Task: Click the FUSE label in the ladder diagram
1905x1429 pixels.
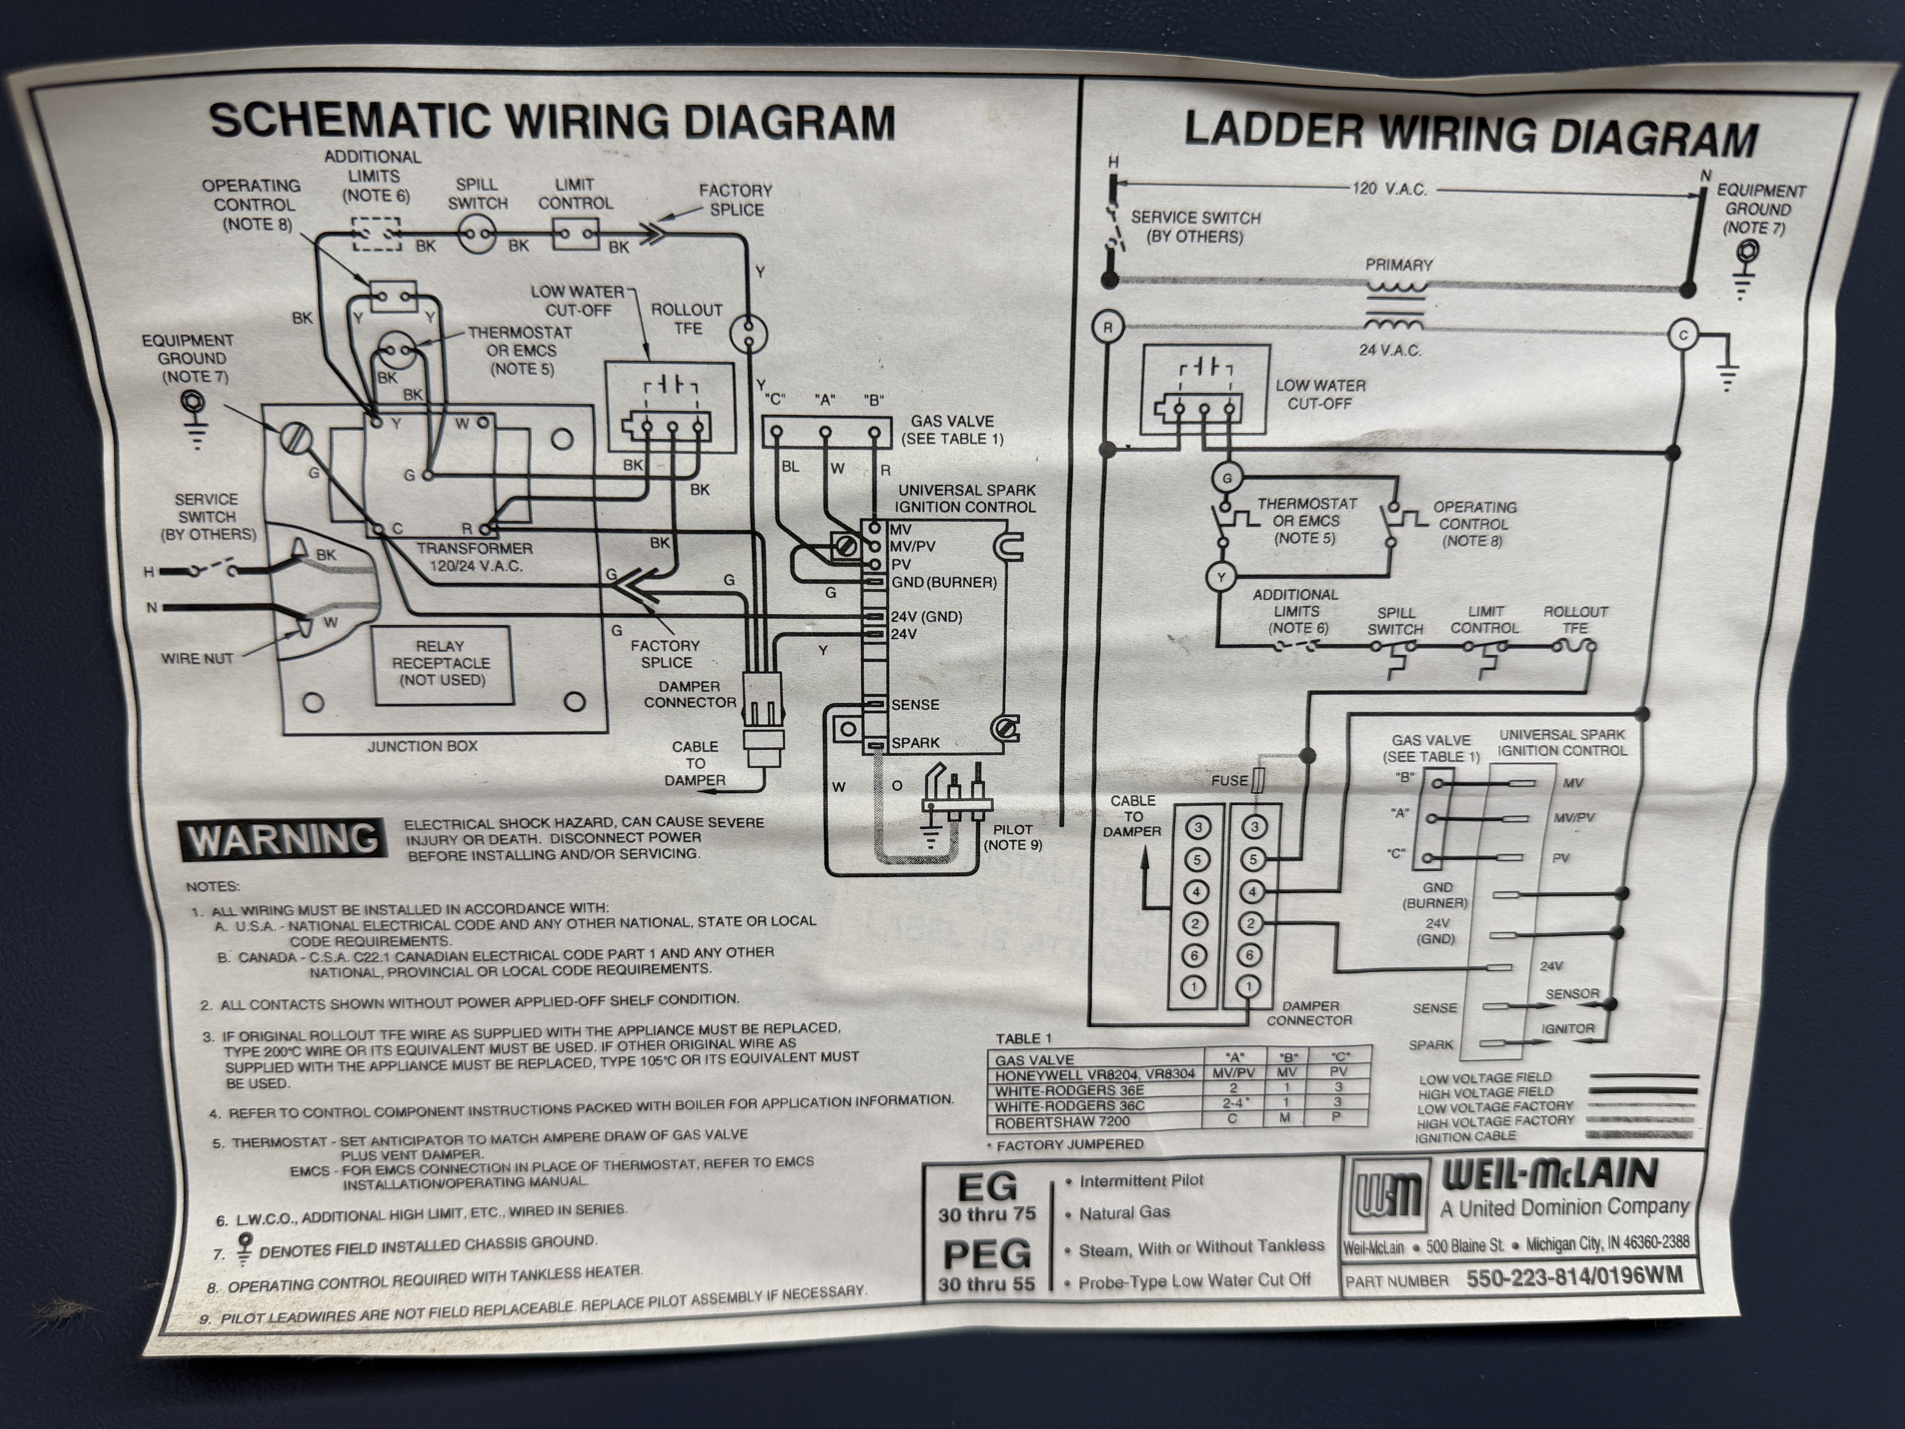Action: (x=1229, y=781)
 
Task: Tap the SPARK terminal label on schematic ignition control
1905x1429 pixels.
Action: (x=915, y=743)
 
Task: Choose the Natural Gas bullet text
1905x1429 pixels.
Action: (x=1124, y=1213)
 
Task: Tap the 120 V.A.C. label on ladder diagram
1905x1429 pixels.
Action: (x=1388, y=189)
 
